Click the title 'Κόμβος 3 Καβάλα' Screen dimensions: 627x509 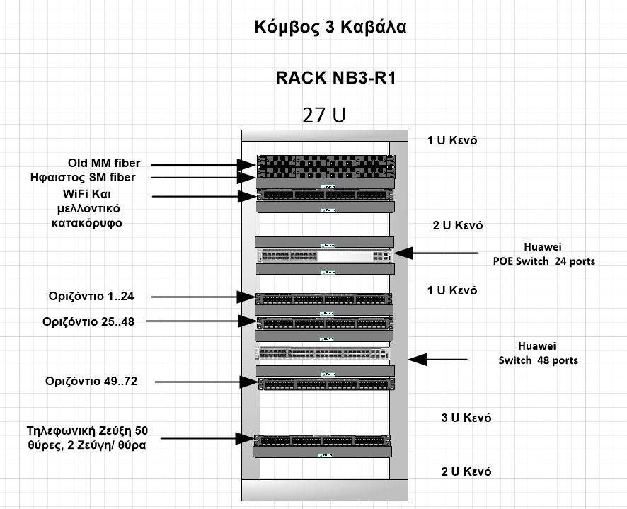(330, 27)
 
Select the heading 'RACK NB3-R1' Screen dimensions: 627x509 (335, 78)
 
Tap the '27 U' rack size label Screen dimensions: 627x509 (324, 115)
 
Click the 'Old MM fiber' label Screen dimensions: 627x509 (104, 164)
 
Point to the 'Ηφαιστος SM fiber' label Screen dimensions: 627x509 (83, 177)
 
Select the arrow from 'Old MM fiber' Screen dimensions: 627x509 (204, 165)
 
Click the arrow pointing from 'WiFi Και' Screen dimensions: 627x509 (205, 196)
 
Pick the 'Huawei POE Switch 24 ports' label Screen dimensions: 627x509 (543, 254)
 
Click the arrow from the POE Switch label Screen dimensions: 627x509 (436, 253)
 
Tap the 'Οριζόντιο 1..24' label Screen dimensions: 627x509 (91, 297)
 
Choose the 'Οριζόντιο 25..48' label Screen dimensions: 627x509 (88, 321)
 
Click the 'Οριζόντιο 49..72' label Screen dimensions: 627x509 (91, 381)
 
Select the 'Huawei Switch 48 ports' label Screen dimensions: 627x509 (539, 353)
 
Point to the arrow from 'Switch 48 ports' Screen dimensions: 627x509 (438, 360)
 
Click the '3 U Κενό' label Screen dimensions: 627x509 (466, 418)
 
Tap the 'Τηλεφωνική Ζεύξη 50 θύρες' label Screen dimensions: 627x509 (87, 437)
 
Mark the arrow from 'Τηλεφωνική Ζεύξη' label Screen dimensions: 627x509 (207, 439)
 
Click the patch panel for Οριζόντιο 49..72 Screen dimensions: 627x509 (326, 384)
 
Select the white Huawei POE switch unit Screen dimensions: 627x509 (325, 256)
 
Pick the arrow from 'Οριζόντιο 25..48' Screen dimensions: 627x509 (202, 321)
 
